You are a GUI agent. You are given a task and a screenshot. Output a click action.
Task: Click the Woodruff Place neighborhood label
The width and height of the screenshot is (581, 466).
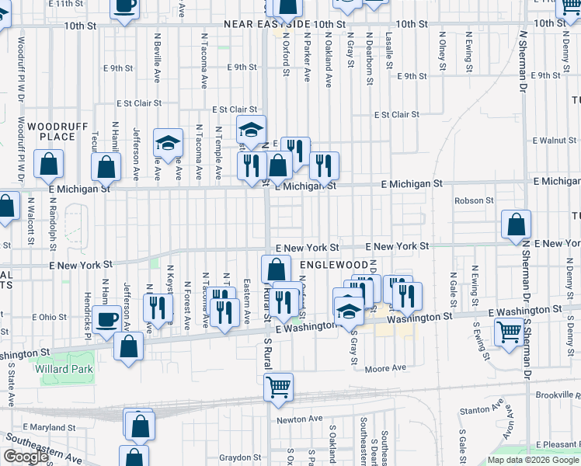[51, 131]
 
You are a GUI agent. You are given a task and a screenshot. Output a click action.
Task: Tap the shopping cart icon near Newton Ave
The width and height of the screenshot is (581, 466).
[279, 387]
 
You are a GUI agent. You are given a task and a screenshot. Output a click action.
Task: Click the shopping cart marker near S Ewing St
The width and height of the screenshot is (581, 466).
[508, 332]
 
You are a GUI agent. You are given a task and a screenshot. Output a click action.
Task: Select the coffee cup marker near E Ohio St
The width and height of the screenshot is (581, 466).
[106, 318]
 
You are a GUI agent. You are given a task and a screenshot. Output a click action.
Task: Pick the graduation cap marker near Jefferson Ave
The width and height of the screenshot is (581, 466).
[168, 143]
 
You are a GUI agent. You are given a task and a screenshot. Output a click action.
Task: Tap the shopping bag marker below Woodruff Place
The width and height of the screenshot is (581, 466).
[48, 165]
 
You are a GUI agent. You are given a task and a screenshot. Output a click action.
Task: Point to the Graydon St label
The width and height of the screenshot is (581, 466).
[235, 457]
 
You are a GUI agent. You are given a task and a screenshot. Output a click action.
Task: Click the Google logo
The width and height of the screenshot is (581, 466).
[26, 457]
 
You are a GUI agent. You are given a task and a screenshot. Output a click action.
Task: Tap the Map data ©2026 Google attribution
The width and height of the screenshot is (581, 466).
[533, 460]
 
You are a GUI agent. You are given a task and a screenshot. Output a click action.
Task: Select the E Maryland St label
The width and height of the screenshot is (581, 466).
[52, 427]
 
